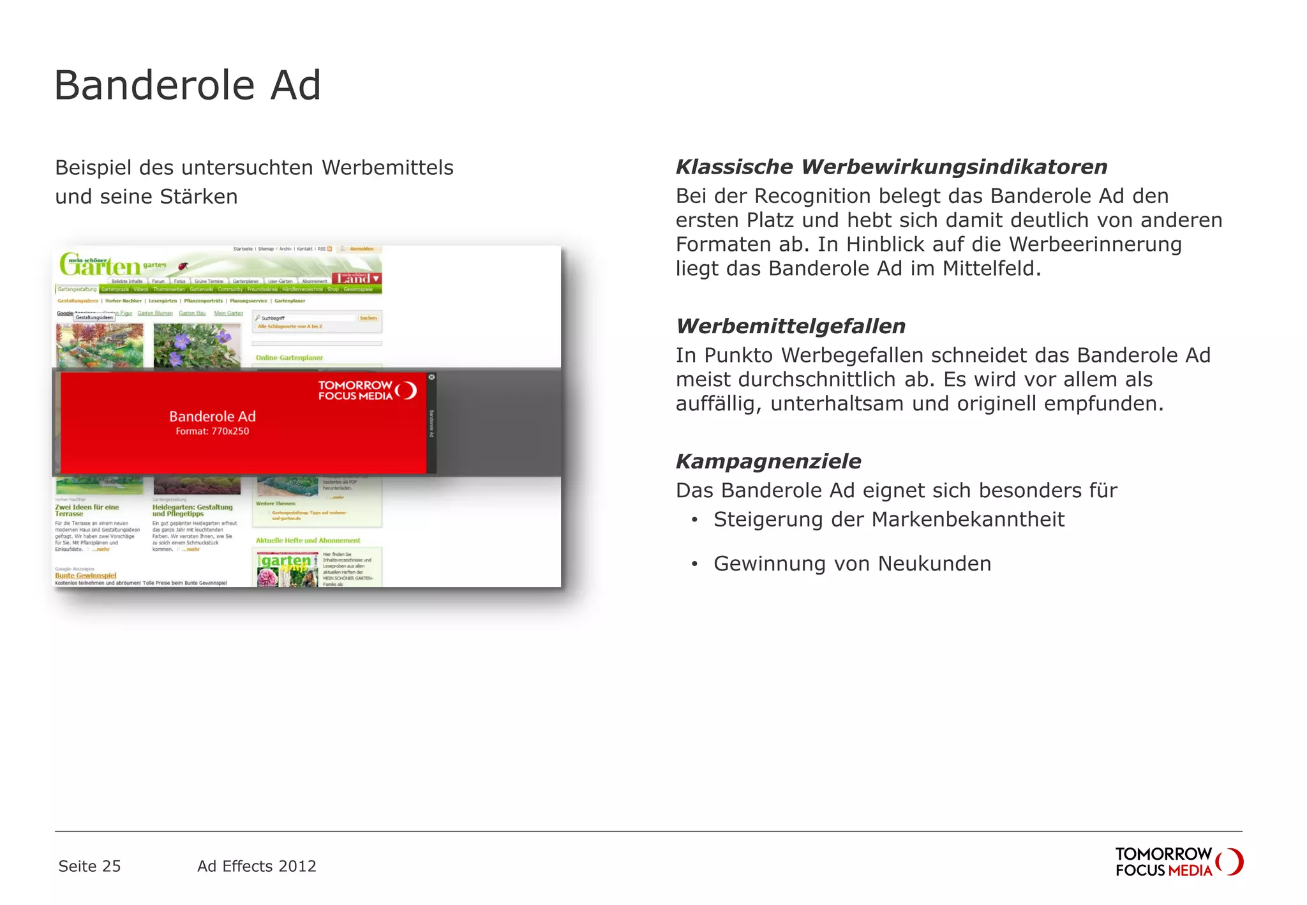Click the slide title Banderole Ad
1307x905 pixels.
pos(187,85)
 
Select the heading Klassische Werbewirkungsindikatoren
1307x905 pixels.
pos(891,167)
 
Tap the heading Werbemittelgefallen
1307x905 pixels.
pos(790,326)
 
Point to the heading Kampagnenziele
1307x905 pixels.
pos(768,461)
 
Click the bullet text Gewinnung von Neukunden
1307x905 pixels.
pos(852,564)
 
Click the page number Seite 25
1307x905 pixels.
pos(89,866)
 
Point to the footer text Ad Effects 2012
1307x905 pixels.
pos(257,866)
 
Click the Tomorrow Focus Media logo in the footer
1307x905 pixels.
pos(1179,862)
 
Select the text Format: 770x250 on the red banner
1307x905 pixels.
pos(213,431)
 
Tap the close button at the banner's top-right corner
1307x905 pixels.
pos(432,377)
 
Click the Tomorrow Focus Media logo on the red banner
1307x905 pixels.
pos(368,390)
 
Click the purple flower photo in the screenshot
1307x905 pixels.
pos(197,345)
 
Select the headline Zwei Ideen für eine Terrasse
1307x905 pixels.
pos(87,510)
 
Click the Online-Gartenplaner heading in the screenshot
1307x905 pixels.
pos(289,358)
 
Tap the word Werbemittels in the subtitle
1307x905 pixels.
pos(387,168)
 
